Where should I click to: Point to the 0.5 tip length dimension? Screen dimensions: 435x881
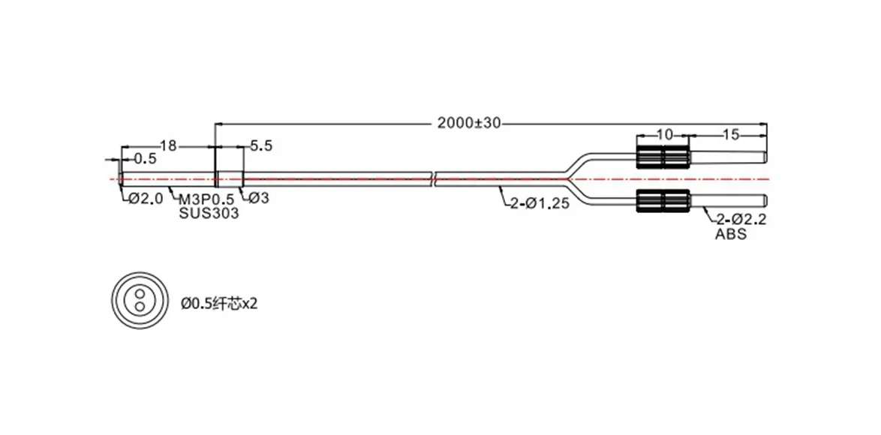(145, 159)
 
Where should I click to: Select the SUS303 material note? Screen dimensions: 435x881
(209, 213)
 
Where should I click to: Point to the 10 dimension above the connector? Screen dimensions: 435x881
(663, 135)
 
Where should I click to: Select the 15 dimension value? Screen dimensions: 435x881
(730, 135)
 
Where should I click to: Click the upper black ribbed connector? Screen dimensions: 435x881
(663, 158)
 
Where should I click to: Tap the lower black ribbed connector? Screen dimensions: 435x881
(663, 201)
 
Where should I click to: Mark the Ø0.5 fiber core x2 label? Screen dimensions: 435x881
(220, 304)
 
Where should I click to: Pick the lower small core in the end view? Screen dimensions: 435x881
(140, 306)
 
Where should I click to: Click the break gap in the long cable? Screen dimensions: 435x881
(434, 178)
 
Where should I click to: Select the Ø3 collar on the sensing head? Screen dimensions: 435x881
(230, 179)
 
